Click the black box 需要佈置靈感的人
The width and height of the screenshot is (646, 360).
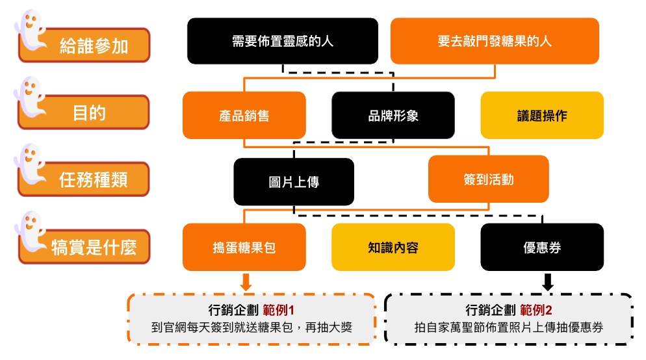pyautogui.click(x=283, y=41)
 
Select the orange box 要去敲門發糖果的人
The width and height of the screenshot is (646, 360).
pyautogui.click(x=495, y=41)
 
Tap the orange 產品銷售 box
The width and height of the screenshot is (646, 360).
pyautogui.click(x=244, y=116)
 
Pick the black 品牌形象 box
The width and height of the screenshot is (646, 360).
pyautogui.click(x=393, y=116)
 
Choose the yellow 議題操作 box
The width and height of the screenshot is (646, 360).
pyautogui.click(x=542, y=116)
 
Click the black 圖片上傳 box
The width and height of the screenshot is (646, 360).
pyautogui.click(x=294, y=182)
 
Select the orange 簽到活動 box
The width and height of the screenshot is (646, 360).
pyautogui.click(x=488, y=179)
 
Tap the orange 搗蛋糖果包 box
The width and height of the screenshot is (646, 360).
pyautogui.click(x=244, y=248)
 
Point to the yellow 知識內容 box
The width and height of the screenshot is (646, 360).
pyautogui.click(x=393, y=248)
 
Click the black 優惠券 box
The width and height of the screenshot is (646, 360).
pyautogui.click(x=542, y=248)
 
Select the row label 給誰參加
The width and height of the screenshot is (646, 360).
pyautogui.click(x=94, y=46)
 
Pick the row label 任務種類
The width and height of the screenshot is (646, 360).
pyautogui.click(x=94, y=180)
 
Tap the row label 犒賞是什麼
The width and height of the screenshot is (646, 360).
pyautogui.click(x=94, y=248)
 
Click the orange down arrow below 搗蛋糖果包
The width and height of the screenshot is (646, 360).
pyautogui.click(x=246, y=281)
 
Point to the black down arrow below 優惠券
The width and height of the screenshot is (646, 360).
pyautogui.click(x=547, y=281)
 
